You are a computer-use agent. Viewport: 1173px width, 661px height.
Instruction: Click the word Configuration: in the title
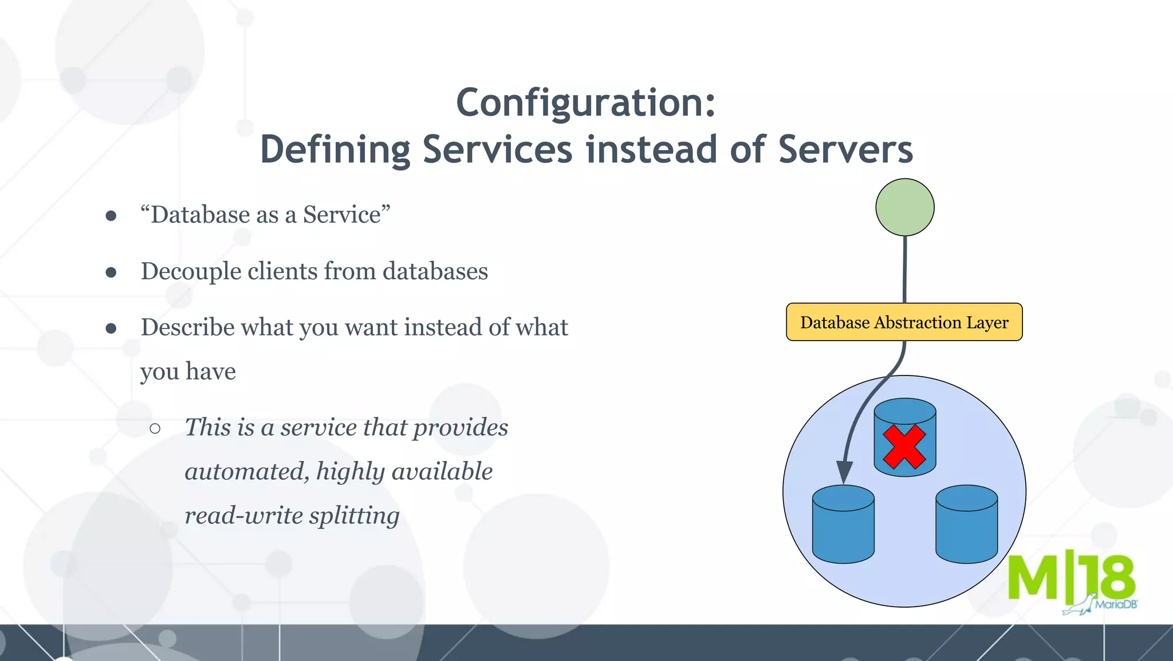coord(585,104)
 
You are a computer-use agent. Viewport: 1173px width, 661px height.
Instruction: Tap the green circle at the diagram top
coord(904,207)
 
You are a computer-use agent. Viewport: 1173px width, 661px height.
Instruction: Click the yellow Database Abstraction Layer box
coord(904,322)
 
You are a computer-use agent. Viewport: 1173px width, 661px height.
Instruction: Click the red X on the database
coord(904,447)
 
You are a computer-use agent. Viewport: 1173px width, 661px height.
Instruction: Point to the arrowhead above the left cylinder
coord(844,472)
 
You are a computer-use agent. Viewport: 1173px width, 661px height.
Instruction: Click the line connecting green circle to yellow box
coord(905,269)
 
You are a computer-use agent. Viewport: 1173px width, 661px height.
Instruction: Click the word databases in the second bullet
coord(435,272)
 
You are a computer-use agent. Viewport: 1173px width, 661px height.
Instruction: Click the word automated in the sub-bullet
coord(246,472)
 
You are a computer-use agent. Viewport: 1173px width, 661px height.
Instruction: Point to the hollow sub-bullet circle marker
coord(155,428)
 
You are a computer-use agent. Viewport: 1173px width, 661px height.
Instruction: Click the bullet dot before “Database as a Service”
coord(111,216)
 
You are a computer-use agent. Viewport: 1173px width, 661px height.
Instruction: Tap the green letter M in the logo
coord(1032,578)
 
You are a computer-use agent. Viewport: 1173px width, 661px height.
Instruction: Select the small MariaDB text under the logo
coord(1115,604)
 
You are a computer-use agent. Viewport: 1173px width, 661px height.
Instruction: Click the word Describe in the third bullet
coord(188,328)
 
